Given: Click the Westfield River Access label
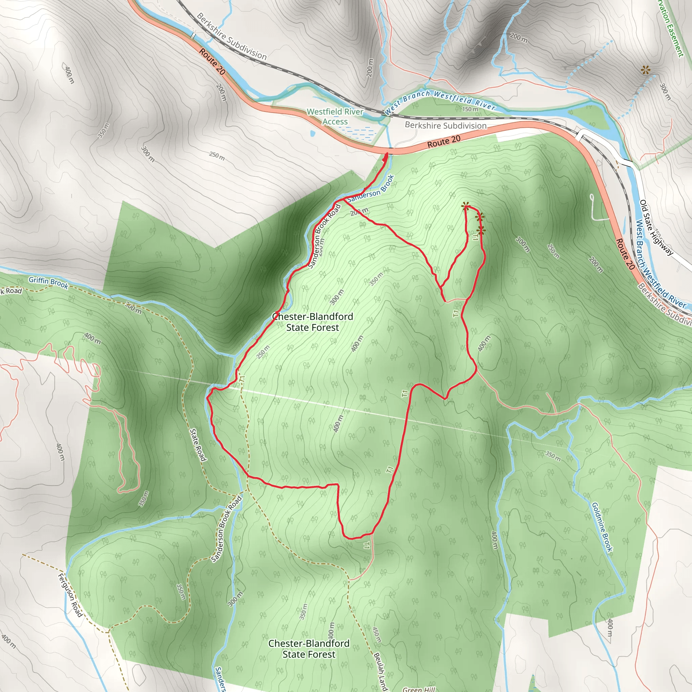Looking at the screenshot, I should coord(335,117).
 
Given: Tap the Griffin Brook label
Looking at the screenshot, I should coord(48,282).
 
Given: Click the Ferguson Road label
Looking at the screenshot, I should coord(70,595).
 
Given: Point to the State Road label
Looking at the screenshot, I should coord(198,445).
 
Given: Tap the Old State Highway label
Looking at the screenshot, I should coord(656,227).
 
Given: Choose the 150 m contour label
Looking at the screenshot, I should coord(470,109).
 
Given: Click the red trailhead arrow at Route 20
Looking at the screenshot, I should coord(386,156).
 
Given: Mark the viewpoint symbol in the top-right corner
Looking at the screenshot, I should coord(645,70).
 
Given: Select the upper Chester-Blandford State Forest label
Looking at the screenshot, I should coord(312,322).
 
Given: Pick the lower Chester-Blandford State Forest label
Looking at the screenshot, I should coord(309,649).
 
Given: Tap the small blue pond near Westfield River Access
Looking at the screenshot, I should coord(313,133).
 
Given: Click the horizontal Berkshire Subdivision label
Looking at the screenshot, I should coord(446,125).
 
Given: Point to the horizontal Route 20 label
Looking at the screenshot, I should coord(444,142).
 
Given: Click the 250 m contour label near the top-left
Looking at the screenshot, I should coord(217,156).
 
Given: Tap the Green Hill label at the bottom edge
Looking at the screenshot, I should coord(418,689).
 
